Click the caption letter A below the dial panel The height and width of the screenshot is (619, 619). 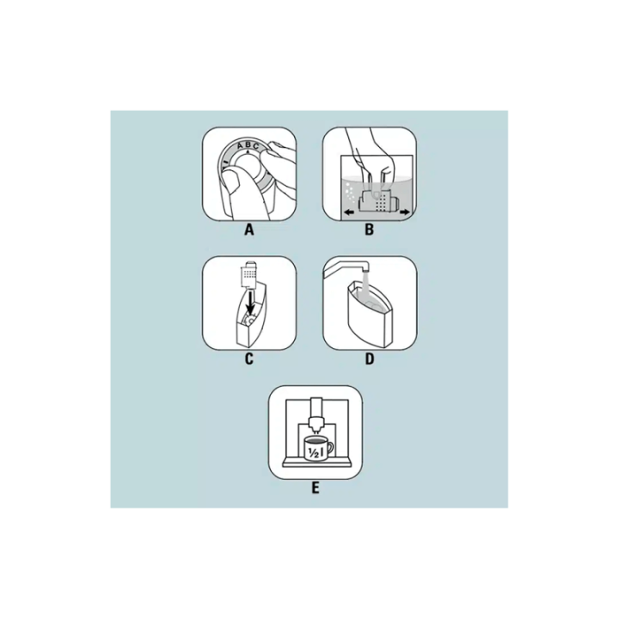(x=248, y=230)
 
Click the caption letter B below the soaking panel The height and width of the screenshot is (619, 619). (x=369, y=230)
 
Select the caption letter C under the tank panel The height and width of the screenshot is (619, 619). (x=248, y=359)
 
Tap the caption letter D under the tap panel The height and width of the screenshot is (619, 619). (x=369, y=359)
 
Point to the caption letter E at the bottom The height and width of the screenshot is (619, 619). (x=315, y=488)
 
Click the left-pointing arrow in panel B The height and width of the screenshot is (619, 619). (x=348, y=213)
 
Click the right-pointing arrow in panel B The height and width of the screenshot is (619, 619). (x=405, y=213)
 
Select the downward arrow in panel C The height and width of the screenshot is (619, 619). (x=250, y=303)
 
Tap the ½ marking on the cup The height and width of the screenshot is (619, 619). (x=315, y=453)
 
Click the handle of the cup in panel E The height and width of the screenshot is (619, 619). (x=329, y=448)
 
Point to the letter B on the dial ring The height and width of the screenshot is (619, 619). (x=248, y=145)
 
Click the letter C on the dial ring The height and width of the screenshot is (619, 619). (x=256, y=147)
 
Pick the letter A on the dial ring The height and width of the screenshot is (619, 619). (x=240, y=146)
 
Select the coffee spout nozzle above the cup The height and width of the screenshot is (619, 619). (x=316, y=425)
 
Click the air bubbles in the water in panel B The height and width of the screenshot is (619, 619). (x=347, y=193)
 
